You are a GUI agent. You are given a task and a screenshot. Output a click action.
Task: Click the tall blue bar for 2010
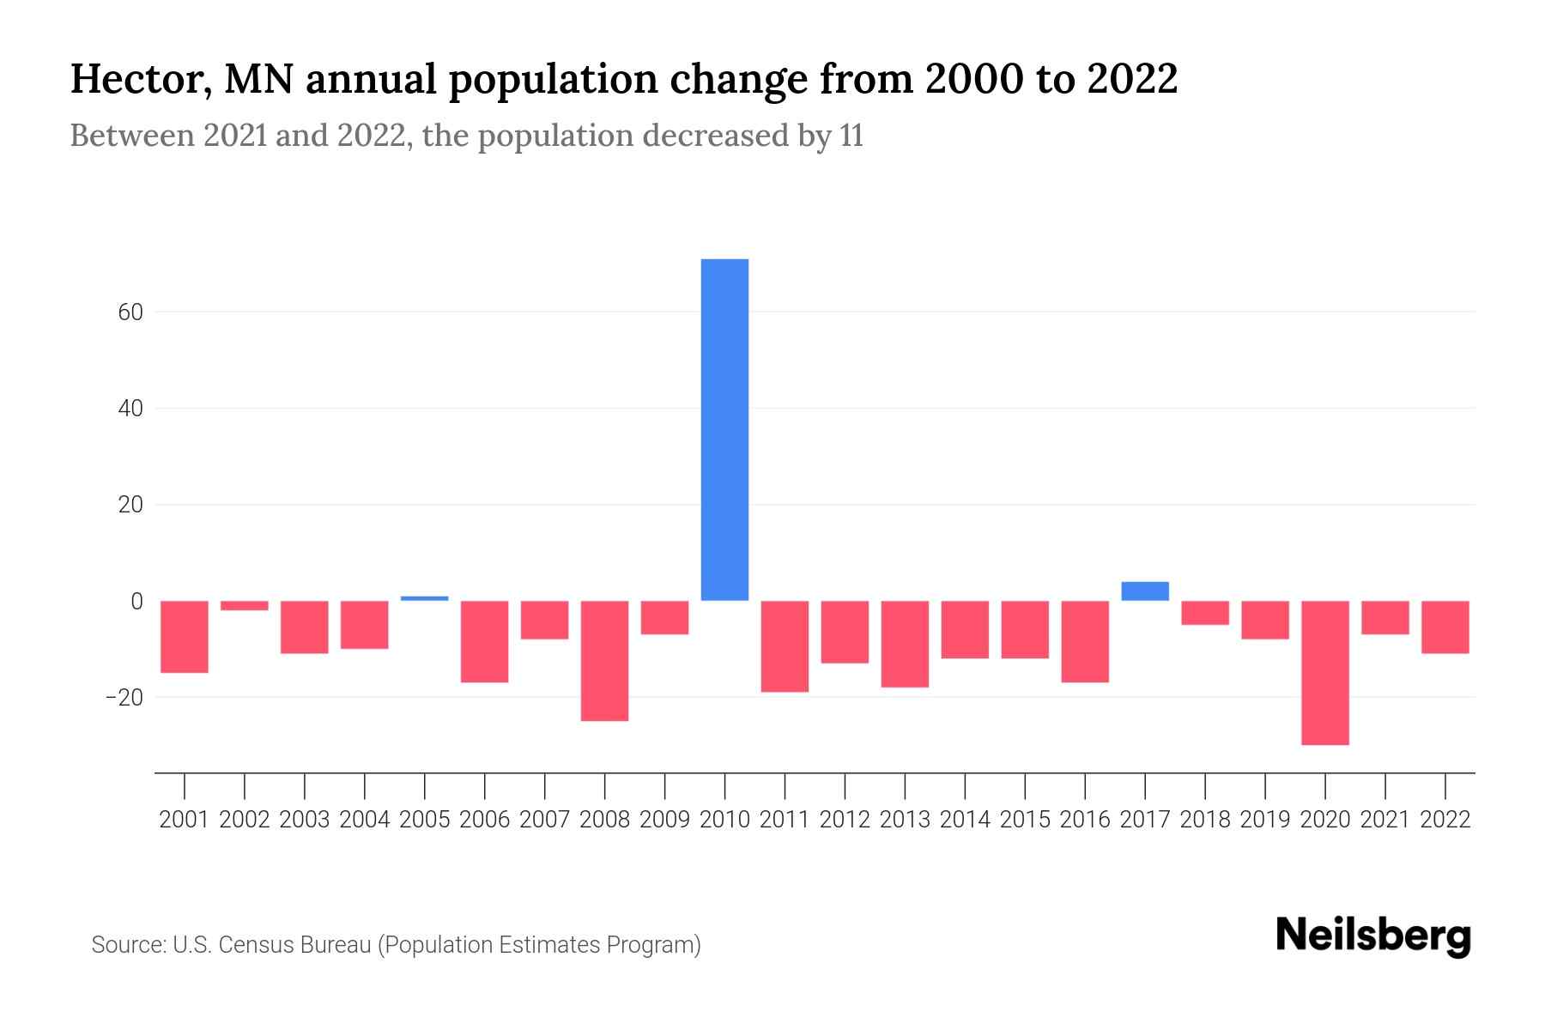pos(724,429)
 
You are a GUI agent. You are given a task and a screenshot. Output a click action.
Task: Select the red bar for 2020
pos(1324,672)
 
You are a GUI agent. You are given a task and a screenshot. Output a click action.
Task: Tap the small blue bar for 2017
pos(1145,591)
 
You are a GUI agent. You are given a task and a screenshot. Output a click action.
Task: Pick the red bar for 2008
pos(604,660)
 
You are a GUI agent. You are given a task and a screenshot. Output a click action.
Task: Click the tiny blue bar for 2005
pos(425,598)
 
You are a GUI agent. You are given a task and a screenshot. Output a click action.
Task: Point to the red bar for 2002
pos(245,606)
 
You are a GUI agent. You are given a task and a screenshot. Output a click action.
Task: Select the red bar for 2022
pos(1445,627)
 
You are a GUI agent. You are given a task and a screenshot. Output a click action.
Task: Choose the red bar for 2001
pos(185,636)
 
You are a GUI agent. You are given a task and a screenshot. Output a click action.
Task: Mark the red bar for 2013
pos(905,644)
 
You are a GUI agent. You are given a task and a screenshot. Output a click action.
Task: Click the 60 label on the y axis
pos(130,312)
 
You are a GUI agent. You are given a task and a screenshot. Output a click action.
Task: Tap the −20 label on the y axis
pos(124,697)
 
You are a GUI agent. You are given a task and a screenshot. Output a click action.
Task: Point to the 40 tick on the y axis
pos(130,409)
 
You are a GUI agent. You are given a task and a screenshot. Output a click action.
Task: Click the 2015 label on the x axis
pos(1025,820)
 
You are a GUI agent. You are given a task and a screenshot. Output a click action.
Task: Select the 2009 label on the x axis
pos(664,820)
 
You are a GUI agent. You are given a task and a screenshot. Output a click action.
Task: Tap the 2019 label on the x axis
pos(1264,820)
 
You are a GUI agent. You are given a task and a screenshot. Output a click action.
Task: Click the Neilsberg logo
pos(1373,936)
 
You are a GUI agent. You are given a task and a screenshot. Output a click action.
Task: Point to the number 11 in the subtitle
pos(851,136)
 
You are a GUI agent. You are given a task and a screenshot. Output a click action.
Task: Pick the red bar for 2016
pos(1085,641)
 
